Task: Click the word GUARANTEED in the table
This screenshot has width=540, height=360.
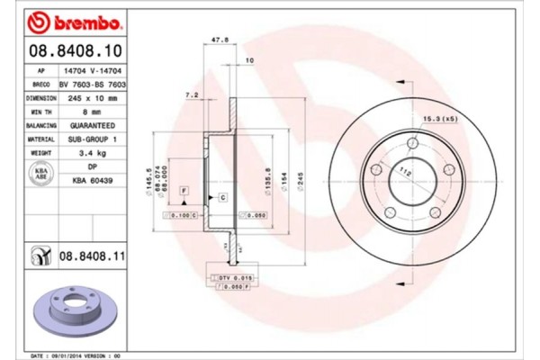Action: click(x=90, y=127)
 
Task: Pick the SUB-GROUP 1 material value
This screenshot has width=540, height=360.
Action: click(x=90, y=140)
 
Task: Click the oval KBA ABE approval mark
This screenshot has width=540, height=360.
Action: click(x=41, y=175)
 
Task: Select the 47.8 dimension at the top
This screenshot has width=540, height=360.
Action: click(x=217, y=40)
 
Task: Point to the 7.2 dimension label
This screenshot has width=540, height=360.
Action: click(x=191, y=94)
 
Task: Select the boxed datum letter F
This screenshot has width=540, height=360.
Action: click(x=184, y=192)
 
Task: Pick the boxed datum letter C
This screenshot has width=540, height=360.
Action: click(x=221, y=196)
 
